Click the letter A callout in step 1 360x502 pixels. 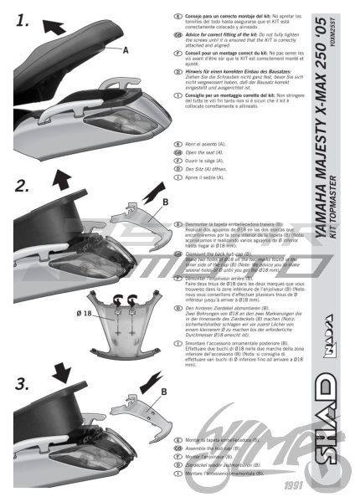click(x=126, y=50)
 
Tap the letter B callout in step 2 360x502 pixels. click(x=165, y=202)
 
